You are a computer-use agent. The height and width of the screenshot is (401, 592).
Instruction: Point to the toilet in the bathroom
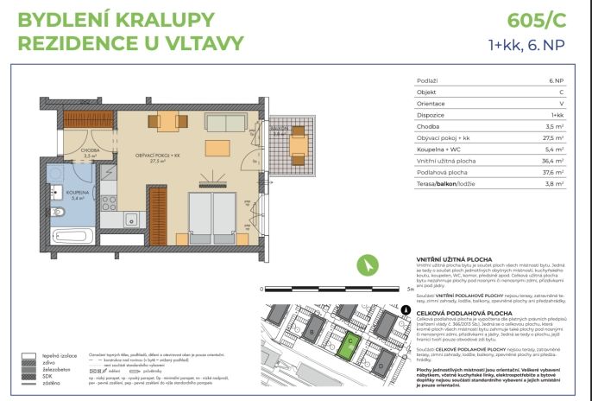[x=57, y=212]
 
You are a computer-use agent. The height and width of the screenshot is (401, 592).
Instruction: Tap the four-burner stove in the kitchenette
[x=109, y=204]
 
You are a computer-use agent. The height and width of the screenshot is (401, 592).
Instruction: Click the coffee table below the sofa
[x=217, y=146]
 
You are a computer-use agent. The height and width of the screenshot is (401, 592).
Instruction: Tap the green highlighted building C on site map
[x=347, y=347]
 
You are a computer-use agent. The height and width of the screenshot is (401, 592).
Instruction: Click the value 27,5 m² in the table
[x=551, y=137]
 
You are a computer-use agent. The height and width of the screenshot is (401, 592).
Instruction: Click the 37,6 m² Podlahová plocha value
[x=551, y=171]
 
